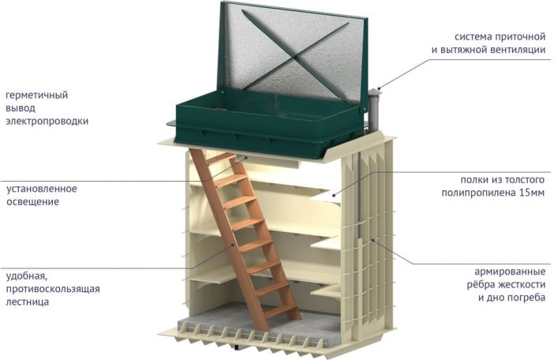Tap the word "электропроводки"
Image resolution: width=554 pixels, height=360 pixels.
click(x=47, y=122)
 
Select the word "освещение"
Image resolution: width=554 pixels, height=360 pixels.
click(x=32, y=202)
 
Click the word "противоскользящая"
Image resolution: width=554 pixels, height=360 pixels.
click(x=52, y=289)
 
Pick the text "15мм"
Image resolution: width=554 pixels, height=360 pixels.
click(x=531, y=193)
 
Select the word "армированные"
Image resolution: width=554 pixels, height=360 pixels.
click(x=510, y=272)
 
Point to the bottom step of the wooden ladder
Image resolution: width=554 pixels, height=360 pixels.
click(x=283, y=309)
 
